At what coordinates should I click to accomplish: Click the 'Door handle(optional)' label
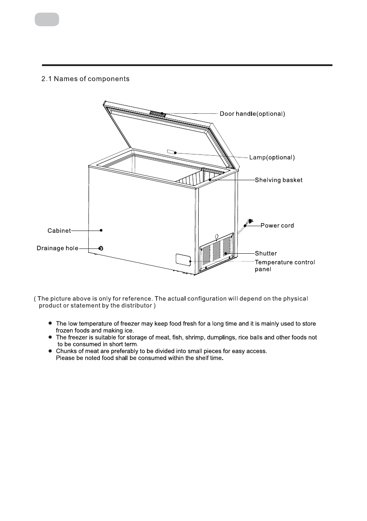(x=252, y=114)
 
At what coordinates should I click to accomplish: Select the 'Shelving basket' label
(x=279, y=180)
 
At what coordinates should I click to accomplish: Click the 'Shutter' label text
(x=266, y=253)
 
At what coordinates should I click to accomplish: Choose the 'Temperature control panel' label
(x=285, y=266)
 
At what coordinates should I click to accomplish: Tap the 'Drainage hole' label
(x=57, y=248)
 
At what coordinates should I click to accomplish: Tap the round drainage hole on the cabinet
(x=101, y=248)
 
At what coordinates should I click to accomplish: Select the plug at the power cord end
(x=251, y=222)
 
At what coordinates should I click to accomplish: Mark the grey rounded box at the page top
(x=47, y=20)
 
